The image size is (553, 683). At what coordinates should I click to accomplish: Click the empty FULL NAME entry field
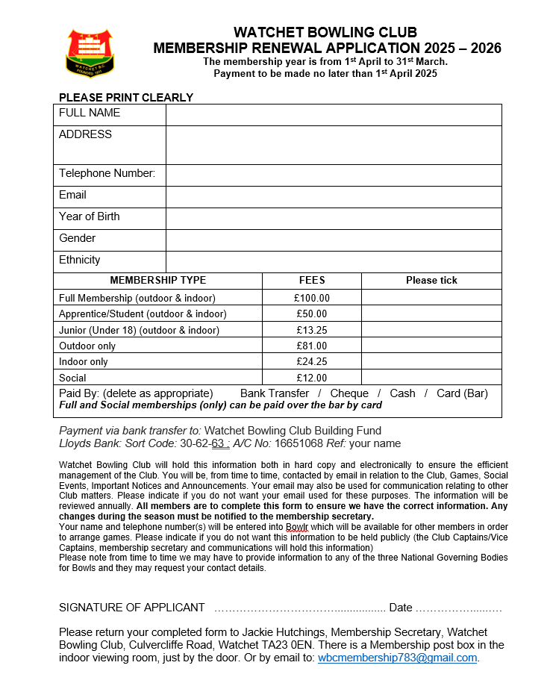coord(334,114)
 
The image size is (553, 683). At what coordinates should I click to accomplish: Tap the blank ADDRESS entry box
coord(334,145)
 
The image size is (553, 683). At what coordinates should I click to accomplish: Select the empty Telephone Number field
coord(334,175)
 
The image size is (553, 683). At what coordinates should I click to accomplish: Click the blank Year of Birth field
coord(334,218)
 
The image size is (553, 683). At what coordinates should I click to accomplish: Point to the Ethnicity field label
coord(80,261)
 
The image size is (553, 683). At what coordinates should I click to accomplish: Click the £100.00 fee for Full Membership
coord(312,298)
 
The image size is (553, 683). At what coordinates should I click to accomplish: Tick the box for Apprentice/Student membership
coord(431,314)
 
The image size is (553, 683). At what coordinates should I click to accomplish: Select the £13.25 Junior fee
coord(312,330)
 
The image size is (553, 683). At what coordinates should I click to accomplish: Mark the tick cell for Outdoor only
coord(431,346)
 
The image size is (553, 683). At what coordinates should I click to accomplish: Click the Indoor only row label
coord(84,362)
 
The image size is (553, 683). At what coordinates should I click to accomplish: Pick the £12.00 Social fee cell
coord(312,378)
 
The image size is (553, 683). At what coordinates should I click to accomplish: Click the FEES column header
coord(312,281)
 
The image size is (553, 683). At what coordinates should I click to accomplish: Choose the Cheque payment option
coord(349,393)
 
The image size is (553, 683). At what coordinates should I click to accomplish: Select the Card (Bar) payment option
coord(462,393)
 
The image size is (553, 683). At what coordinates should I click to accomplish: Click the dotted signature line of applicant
coord(299,608)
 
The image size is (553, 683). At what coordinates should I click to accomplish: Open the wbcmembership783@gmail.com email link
coord(397,658)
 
